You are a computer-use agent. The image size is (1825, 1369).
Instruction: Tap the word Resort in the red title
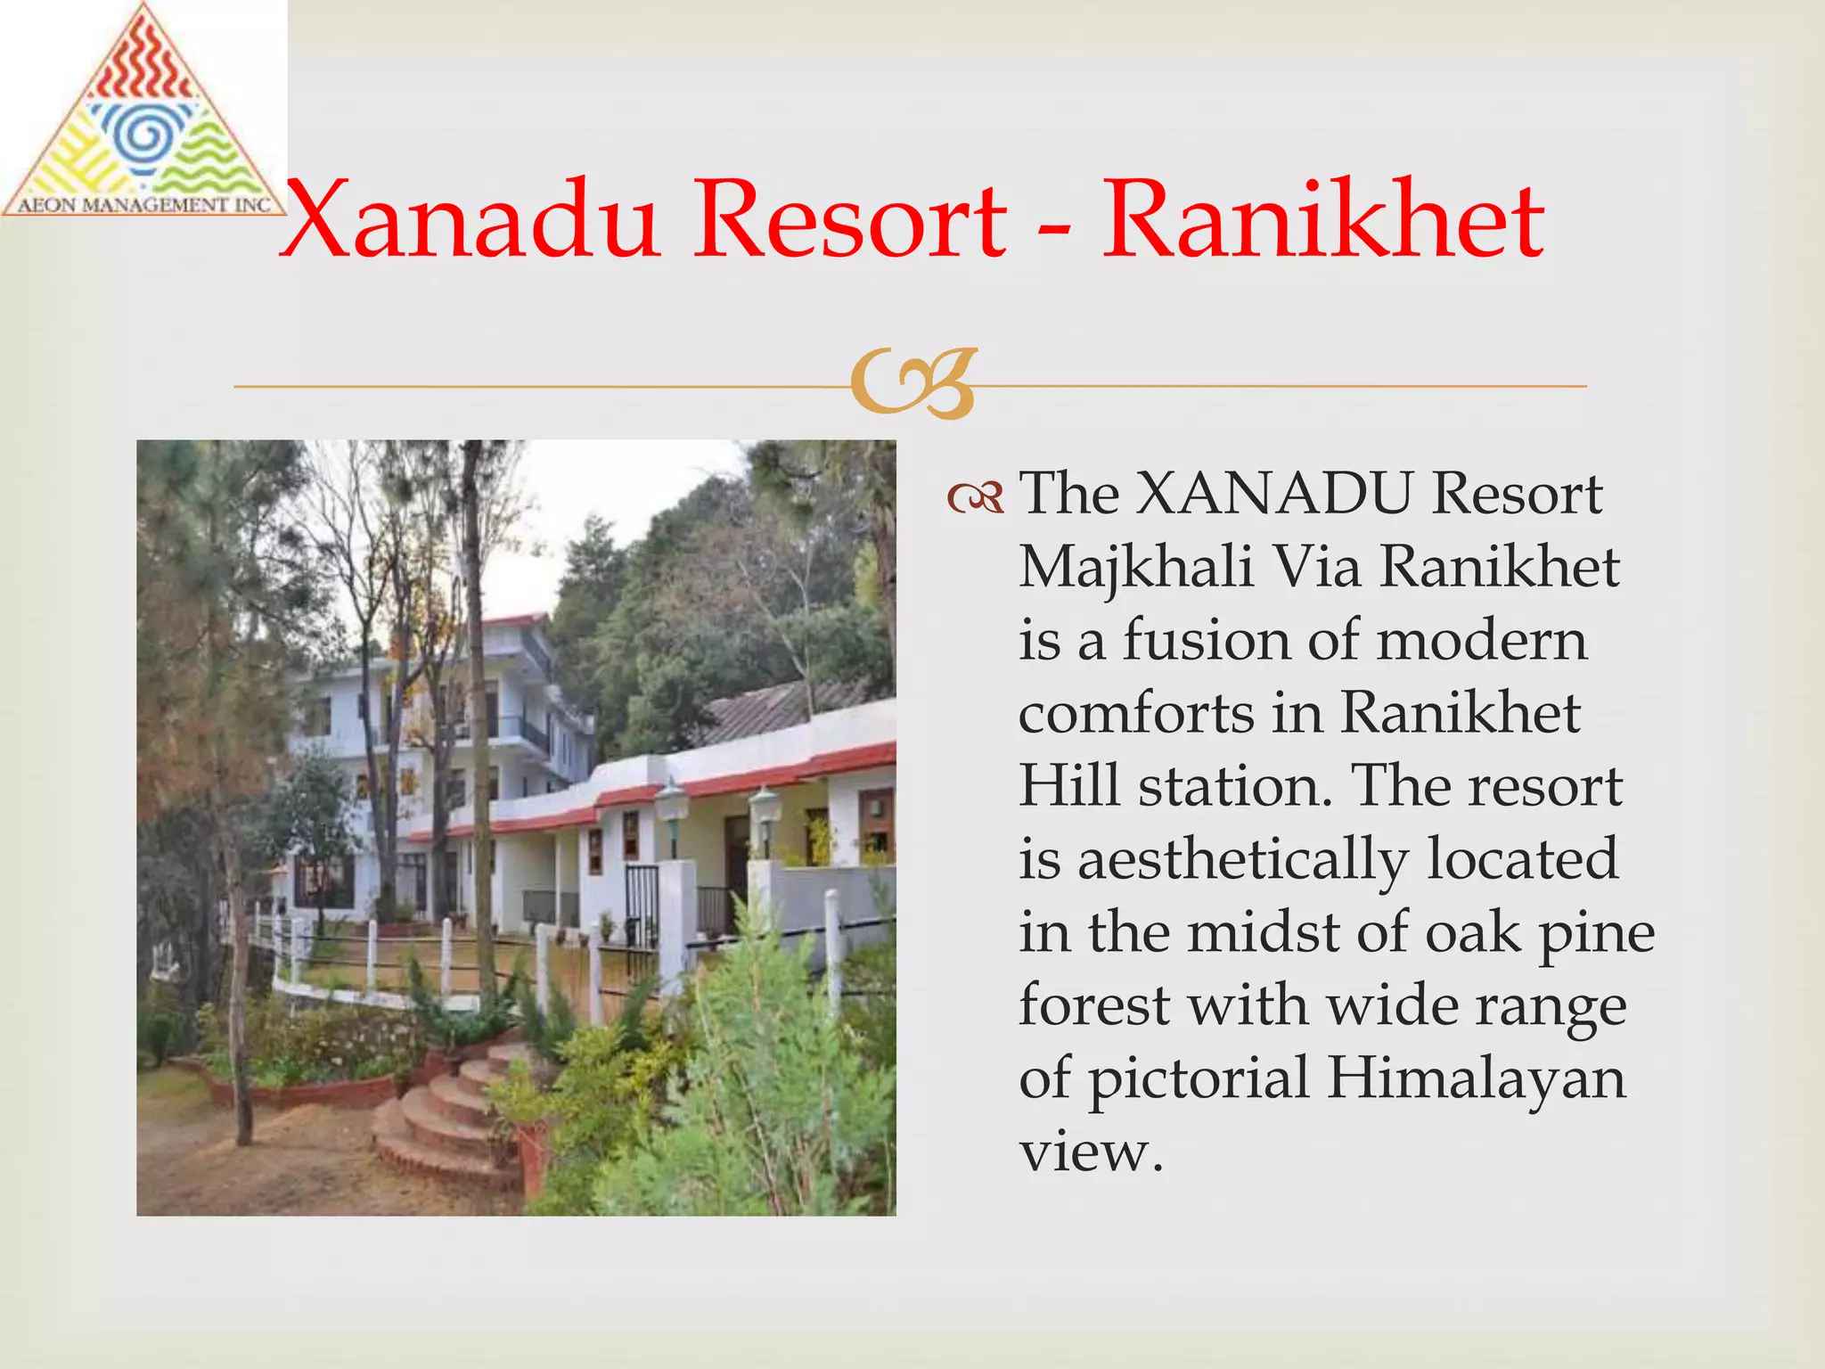(851, 220)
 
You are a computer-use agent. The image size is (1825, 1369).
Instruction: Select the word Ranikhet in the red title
(1323, 220)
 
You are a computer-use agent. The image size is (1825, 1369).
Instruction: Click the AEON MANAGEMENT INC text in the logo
(144, 205)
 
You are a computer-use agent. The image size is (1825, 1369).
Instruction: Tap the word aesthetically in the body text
(1243, 860)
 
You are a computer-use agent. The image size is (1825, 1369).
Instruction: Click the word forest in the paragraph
(1094, 1005)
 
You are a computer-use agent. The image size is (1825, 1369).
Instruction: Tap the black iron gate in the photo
(642, 905)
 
